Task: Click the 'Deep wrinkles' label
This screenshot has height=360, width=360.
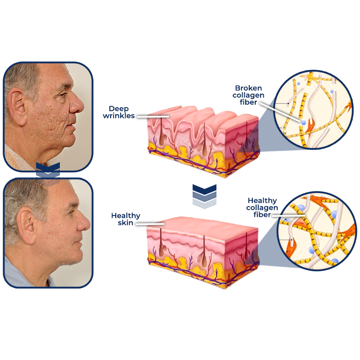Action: [119, 112]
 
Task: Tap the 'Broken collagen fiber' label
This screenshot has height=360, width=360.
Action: [248, 95]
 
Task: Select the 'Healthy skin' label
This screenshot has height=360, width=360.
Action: [126, 219]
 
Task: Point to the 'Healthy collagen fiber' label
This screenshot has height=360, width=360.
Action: [262, 207]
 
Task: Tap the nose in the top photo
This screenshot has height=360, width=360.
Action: [77, 105]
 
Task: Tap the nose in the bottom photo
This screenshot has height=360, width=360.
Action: [84, 222]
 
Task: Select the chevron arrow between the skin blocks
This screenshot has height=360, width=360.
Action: [204, 196]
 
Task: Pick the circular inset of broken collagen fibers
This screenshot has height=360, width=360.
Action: [313, 109]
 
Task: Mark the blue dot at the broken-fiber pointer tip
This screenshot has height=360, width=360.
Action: [303, 122]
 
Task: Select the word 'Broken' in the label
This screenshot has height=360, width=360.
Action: [248, 88]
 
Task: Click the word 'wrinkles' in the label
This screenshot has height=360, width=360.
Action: [119, 116]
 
